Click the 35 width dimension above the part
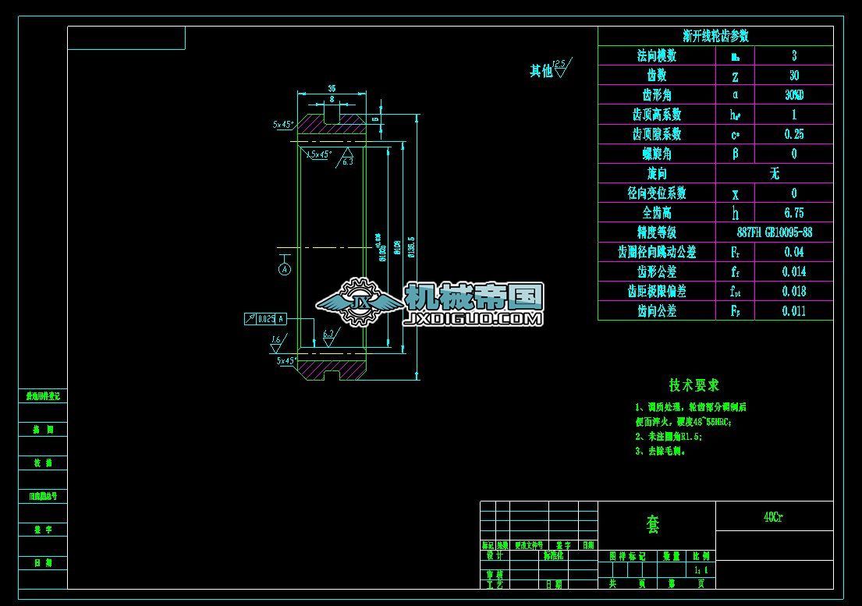click(x=332, y=88)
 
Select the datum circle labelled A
click(x=285, y=269)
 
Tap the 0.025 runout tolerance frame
click(x=266, y=318)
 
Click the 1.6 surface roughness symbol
click(x=277, y=342)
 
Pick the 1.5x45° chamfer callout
click(x=319, y=154)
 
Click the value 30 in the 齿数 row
click(x=793, y=76)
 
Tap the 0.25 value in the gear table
click(x=793, y=134)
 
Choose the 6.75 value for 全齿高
click(x=793, y=213)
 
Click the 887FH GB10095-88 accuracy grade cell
click(x=774, y=232)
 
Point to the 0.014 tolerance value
click(x=793, y=271)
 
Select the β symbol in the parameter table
click(x=735, y=154)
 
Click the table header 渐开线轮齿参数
click(x=715, y=36)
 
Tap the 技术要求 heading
click(x=694, y=385)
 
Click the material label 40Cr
click(x=774, y=516)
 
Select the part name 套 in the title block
click(x=653, y=526)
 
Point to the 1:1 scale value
click(x=701, y=571)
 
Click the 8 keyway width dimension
click(x=332, y=100)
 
